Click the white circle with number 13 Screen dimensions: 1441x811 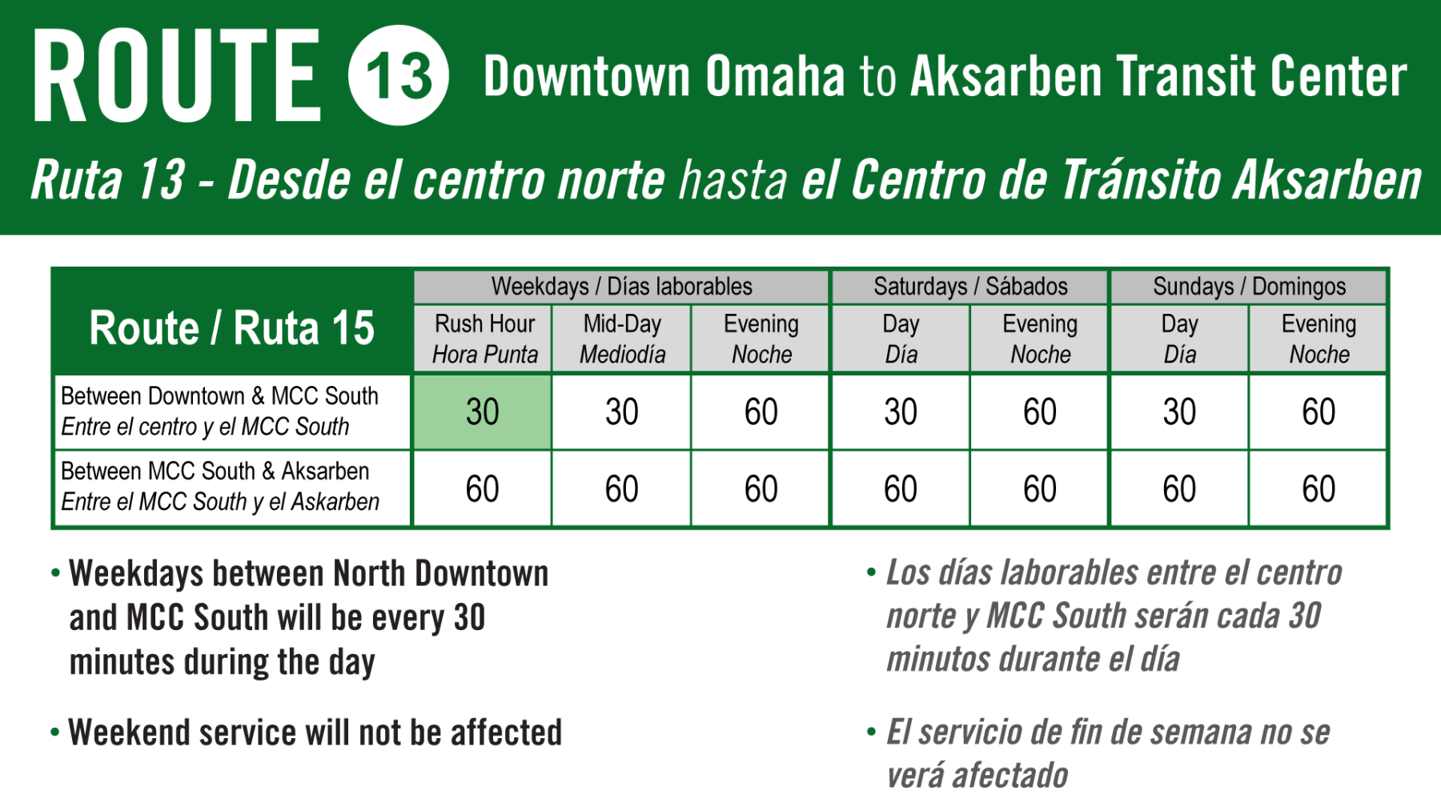pos(398,75)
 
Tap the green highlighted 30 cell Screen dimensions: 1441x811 pos(483,412)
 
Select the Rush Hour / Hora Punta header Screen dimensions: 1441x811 pos(484,339)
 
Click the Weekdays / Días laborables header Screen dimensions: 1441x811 pos(621,286)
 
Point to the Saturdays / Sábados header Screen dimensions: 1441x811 pos(970,286)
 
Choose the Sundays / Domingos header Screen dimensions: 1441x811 pos(1249,286)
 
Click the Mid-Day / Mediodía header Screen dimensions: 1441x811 pos(622,339)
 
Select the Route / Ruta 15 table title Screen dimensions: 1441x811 pos(232,327)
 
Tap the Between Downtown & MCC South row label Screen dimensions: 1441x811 pos(219,411)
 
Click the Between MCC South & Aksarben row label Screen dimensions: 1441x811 pos(220,486)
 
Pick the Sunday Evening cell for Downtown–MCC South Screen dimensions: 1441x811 pos(1318,412)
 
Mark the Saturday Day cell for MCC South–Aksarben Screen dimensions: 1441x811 pos(901,488)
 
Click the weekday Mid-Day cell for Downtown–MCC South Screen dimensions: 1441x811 pos(622,412)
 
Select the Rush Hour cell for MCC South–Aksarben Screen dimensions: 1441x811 pos(483,488)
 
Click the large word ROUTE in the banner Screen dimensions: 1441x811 pos(177,75)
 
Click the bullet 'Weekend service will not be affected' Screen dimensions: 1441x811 pos(307,732)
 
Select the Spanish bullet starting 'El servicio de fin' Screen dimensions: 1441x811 pos(1098,753)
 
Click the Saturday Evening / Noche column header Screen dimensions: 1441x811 pos(1040,339)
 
